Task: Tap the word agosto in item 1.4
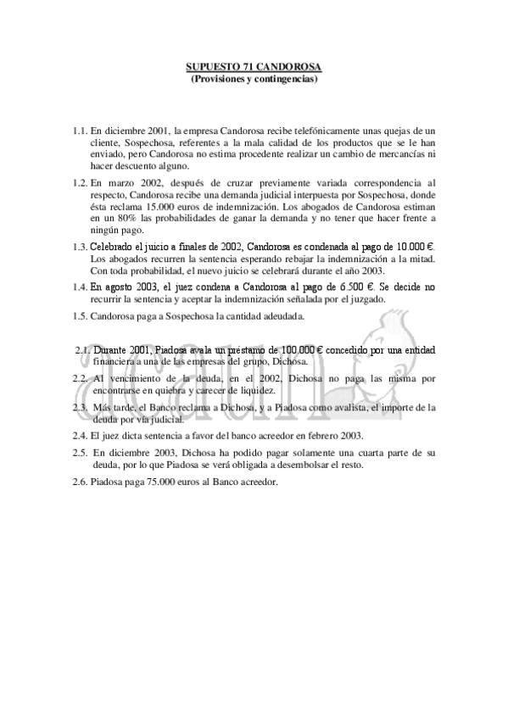pyautogui.click(x=120, y=287)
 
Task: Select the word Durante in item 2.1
pyautogui.click(x=112, y=348)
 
